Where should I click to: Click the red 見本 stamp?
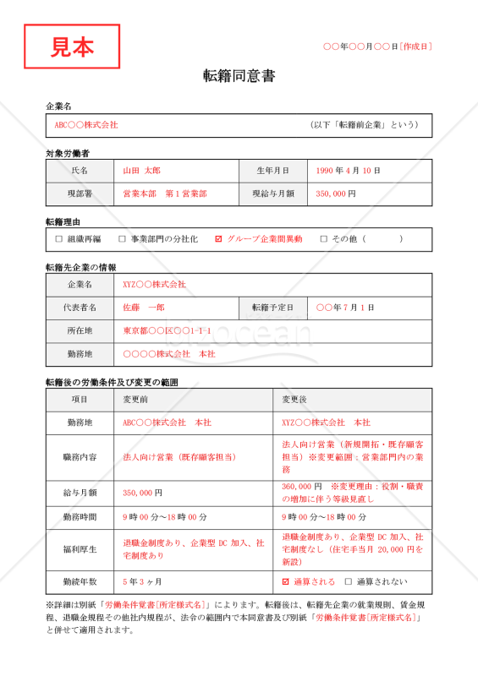point(72,46)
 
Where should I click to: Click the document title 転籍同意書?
point(239,76)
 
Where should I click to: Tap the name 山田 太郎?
point(142,171)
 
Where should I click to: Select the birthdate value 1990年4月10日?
point(348,171)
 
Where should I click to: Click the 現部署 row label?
point(84,194)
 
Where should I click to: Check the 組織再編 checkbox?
point(59,239)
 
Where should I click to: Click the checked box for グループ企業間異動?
point(219,239)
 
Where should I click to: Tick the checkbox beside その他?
point(323,239)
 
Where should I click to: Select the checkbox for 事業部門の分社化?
point(122,239)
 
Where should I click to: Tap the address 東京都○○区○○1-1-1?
point(167,330)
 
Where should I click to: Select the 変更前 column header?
point(138,399)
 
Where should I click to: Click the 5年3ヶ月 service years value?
point(142,581)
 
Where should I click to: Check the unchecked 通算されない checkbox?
point(347,581)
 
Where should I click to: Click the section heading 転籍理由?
point(63,221)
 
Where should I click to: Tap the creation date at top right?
point(377,46)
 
